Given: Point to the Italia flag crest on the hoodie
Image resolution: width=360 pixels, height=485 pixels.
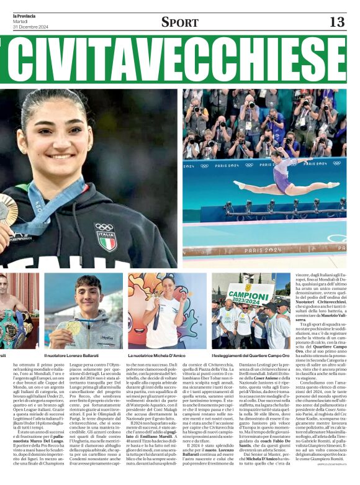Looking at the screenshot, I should [106, 237].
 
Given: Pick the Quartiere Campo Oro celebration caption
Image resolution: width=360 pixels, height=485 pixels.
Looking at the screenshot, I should [250, 355].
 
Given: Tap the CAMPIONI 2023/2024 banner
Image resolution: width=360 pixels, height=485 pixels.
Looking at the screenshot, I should [248, 294].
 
